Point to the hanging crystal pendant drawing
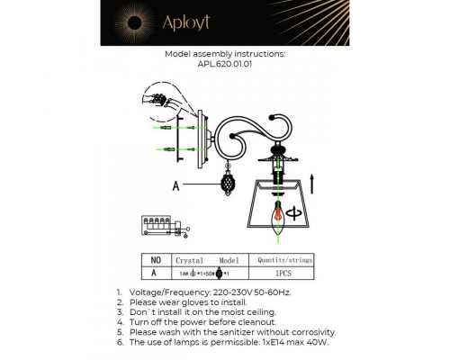coord(229,190)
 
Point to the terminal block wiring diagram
coord(161,225)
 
